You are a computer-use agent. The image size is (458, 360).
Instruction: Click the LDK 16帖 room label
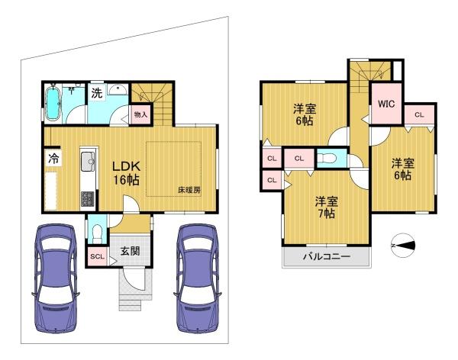point(126,173)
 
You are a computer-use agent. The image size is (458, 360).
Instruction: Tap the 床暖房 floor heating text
point(189,190)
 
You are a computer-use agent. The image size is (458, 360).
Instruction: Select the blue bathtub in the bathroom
point(53,103)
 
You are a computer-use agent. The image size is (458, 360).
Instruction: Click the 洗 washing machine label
point(97,93)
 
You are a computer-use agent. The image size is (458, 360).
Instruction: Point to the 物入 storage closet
point(140,114)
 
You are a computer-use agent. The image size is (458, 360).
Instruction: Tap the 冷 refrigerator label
point(53,159)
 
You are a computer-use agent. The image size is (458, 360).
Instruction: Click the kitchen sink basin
point(88,162)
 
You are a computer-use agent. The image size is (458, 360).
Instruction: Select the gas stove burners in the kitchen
point(88,198)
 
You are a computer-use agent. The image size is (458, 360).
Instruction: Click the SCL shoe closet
point(97,256)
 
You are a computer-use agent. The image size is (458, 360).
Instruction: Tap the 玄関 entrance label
point(131,251)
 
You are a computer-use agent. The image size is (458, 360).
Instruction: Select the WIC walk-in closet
point(386,104)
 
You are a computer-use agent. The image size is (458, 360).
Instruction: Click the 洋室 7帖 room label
point(327,207)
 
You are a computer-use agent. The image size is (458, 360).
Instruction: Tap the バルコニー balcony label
point(326,256)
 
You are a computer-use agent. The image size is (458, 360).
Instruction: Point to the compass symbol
point(403,246)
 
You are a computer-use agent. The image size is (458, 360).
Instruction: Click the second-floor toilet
point(327,158)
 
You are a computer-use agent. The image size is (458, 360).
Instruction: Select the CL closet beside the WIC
point(419,114)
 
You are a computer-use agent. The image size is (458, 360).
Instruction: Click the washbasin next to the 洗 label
point(118,89)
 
